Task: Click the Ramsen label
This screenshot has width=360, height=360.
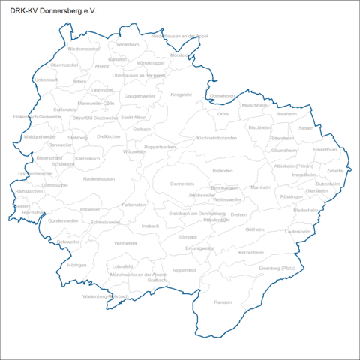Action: (x=223, y=301)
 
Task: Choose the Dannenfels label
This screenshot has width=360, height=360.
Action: (x=182, y=184)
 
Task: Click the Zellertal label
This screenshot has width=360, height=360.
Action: (x=335, y=171)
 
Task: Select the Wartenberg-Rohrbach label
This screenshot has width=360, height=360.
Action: (x=106, y=296)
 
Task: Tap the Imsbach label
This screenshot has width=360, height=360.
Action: (x=150, y=225)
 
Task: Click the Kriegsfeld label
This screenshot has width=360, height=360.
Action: (x=181, y=94)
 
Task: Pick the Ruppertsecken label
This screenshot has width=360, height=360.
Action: (x=160, y=147)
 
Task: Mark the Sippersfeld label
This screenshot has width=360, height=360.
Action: (x=184, y=269)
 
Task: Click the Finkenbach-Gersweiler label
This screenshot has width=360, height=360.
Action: (x=37, y=117)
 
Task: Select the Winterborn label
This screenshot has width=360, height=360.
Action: (x=128, y=45)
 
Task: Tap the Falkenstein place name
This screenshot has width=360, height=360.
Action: (x=134, y=204)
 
